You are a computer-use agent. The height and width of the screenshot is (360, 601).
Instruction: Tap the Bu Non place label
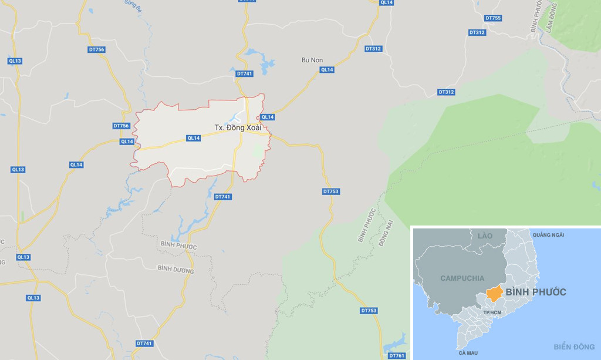point(312,60)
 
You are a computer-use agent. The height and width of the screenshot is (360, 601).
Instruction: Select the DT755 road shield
point(494,18)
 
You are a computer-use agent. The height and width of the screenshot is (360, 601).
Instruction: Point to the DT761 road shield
point(397,355)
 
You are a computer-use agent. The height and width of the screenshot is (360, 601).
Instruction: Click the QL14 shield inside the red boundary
point(194,138)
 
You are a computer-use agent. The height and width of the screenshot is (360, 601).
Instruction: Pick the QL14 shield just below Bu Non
point(327,70)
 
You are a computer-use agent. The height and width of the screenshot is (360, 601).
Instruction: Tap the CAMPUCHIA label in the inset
point(462,278)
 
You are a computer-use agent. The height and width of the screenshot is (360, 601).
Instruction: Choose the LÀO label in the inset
point(485,235)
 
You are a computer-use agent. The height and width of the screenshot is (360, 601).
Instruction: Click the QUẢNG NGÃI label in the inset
point(548,235)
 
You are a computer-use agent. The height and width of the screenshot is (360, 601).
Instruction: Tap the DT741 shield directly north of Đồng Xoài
point(244,73)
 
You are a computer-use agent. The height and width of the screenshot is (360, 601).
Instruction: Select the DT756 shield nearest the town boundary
point(121,126)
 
